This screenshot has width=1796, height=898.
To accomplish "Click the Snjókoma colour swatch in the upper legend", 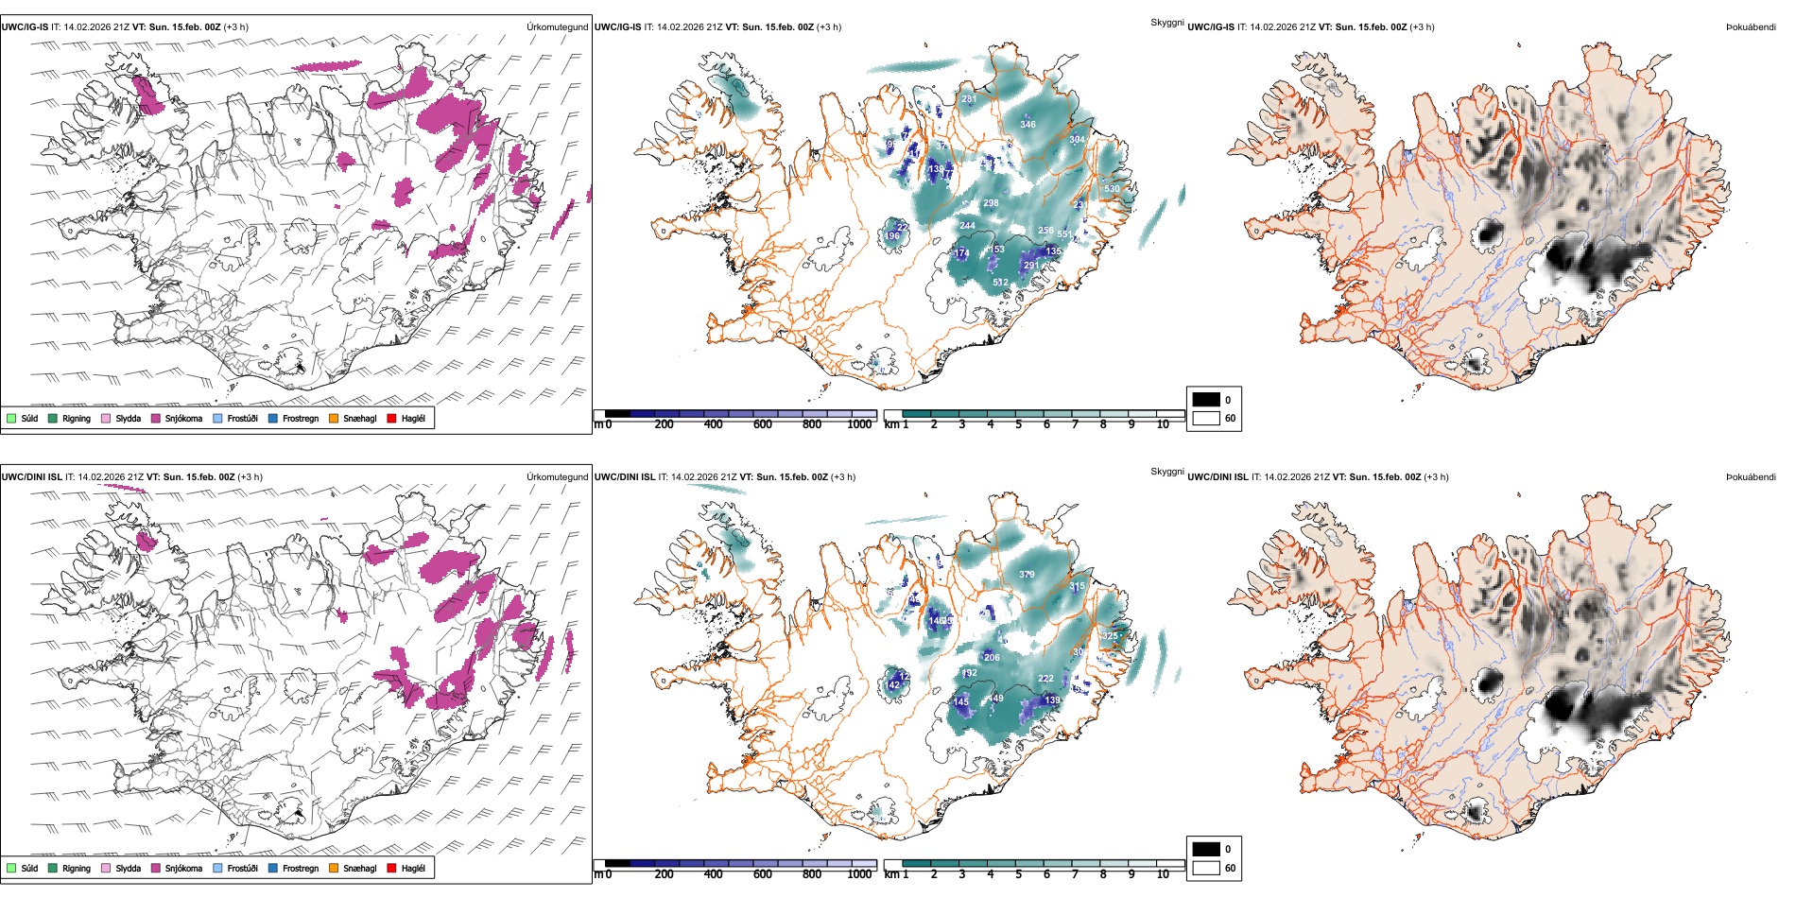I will (x=156, y=418).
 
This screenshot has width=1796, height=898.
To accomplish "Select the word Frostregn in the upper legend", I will (x=301, y=418).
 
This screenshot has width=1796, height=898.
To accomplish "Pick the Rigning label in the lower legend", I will (x=77, y=868).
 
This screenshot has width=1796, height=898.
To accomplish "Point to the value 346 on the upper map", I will (x=1028, y=124).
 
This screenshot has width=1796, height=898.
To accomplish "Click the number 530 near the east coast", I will (x=1112, y=189).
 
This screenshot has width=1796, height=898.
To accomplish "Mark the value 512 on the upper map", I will (x=1000, y=283).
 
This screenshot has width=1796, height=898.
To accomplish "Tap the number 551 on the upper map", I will (x=1064, y=234).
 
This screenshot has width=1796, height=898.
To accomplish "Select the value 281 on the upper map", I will (x=969, y=99).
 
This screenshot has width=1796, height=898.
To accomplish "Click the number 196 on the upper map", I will (x=892, y=236).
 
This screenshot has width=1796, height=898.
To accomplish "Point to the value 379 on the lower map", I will (x=1027, y=575).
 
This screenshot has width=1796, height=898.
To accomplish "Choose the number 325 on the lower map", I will (x=1110, y=636).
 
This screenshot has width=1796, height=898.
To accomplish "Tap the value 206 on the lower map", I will (x=992, y=657).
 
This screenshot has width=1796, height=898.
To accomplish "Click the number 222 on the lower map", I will (x=1045, y=679).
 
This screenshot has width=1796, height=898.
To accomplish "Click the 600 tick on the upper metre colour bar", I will (x=763, y=424).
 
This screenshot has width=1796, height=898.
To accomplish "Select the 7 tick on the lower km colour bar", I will (x=1075, y=874).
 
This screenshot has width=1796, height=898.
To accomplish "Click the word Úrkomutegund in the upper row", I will (x=557, y=27).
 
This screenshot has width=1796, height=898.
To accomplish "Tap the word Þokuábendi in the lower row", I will (x=1751, y=476).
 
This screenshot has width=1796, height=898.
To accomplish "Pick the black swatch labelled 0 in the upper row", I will (x=1206, y=400).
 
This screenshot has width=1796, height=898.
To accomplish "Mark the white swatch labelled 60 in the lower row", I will (x=1206, y=868).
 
